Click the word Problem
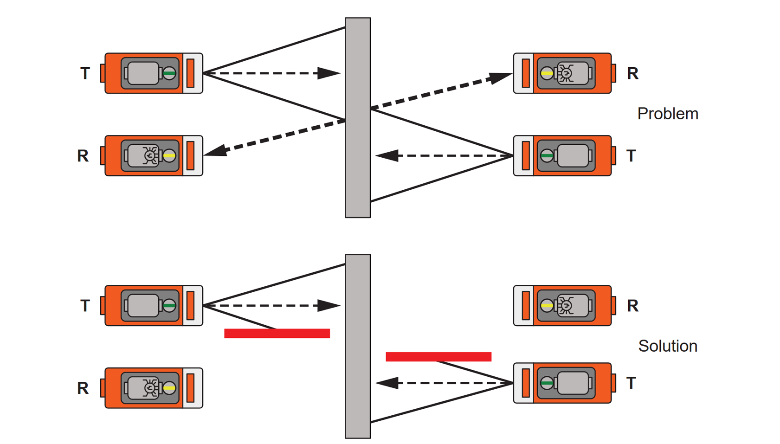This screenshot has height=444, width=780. point(668,114)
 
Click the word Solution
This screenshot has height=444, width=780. point(668,346)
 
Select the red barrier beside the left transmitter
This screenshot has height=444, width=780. point(277,333)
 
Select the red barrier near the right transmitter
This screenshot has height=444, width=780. point(438,356)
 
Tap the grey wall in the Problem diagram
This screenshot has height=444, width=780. point(358,118)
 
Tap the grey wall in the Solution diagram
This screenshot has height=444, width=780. point(358,346)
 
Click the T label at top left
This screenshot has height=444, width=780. point(85,73)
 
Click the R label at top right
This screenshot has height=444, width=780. point(632,73)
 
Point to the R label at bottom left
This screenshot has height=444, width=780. point(83,388)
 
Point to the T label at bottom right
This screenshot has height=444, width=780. point(631,383)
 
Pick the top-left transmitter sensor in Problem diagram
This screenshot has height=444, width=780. point(154,73)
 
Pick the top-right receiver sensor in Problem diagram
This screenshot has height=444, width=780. point(562,73)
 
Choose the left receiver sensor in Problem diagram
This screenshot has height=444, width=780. point(154,156)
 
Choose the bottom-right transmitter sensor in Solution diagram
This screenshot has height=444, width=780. point(562,383)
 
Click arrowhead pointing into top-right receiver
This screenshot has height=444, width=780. point(501,77)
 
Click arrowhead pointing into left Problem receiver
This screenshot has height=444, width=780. point(216,151)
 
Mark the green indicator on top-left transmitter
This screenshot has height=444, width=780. point(169,73)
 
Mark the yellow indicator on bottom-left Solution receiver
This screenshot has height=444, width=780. point(169,388)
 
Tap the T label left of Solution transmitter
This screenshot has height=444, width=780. point(85,306)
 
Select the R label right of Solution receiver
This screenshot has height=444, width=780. point(632,306)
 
